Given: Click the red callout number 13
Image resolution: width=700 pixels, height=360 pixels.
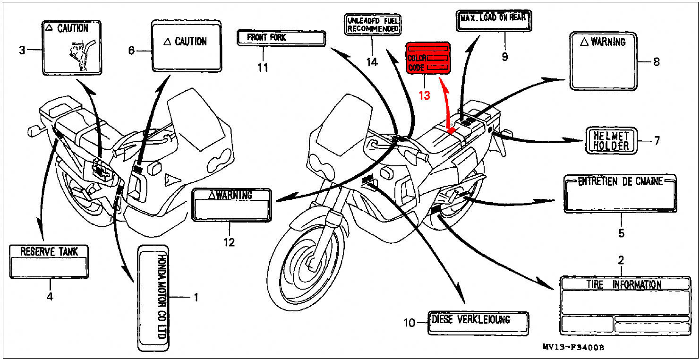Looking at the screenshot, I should point(424,95).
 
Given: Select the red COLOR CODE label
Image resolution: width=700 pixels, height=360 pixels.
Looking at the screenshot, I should point(428,58).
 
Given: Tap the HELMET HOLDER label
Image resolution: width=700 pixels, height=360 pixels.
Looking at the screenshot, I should point(611,140).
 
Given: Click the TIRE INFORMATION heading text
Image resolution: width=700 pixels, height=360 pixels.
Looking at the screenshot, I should point(624,284).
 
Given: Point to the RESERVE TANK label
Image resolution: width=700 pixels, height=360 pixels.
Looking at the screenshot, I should point(49,261).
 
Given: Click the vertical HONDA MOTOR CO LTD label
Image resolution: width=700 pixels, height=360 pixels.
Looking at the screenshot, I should point(153,298).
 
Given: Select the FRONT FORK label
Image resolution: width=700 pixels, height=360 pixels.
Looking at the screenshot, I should point(281,38).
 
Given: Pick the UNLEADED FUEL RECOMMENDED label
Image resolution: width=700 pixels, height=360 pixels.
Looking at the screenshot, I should point(373,25).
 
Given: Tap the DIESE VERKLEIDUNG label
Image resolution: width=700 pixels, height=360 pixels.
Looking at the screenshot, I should point(478,323).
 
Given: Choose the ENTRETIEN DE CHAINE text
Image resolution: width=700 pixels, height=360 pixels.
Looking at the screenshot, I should point(620,181).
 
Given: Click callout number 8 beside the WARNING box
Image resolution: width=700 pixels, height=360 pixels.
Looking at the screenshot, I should point(656,61).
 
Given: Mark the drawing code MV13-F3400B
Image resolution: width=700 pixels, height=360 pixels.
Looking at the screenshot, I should point(573,348).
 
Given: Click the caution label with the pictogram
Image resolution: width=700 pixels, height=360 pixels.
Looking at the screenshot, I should point(72,47).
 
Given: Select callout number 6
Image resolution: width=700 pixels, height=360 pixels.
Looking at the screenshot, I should point(132,50).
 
